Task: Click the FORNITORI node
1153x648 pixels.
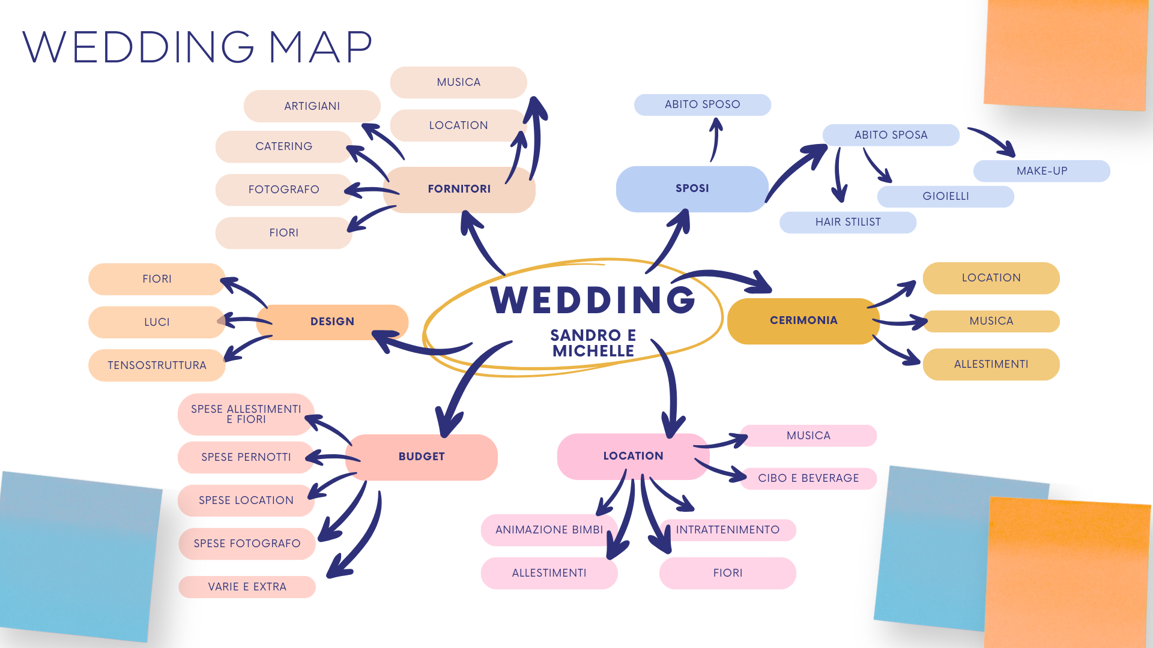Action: [459, 189]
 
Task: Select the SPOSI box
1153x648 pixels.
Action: [692, 188]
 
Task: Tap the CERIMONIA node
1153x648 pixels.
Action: [803, 320]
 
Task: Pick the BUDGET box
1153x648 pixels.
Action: [422, 457]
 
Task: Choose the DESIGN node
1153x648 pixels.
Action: [332, 322]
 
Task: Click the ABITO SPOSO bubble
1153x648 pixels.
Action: [702, 104]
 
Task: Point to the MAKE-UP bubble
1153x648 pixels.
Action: [1041, 171]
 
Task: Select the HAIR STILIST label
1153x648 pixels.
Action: [847, 222]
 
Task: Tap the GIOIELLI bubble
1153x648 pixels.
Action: [945, 196]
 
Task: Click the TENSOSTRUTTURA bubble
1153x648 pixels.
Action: [157, 365]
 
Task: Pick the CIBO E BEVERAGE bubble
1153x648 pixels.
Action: [808, 478]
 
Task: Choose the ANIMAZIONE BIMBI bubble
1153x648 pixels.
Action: [549, 530]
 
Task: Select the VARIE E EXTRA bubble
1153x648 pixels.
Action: [247, 587]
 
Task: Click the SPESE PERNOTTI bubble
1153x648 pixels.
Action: [246, 457]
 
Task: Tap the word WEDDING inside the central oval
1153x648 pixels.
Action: [593, 300]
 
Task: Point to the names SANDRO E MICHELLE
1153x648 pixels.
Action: [593, 343]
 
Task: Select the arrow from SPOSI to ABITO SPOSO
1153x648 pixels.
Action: [715, 139]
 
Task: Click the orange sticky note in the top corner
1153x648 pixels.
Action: [1067, 54]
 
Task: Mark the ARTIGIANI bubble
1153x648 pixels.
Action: [312, 106]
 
